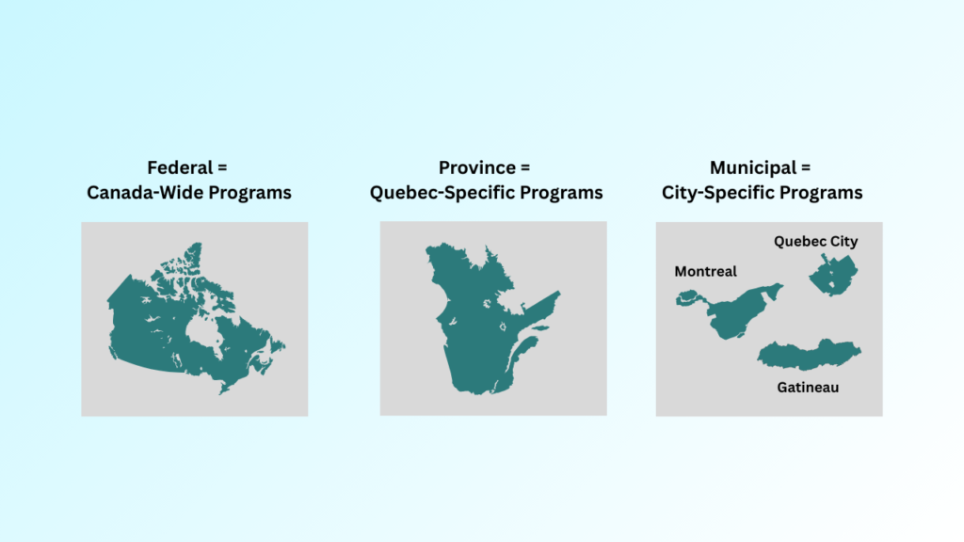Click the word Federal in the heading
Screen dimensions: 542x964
click(x=178, y=168)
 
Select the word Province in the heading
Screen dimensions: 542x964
click(x=475, y=168)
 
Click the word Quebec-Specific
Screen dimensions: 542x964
click(x=439, y=193)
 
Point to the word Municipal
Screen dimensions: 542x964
click(x=750, y=168)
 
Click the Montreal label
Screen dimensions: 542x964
click(x=705, y=271)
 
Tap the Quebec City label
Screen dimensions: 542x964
click(x=816, y=242)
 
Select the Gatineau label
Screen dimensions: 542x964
click(x=808, y=387)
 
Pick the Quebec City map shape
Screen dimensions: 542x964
click(x=831, y=276)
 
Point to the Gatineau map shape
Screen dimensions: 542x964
click(x=808, y=355)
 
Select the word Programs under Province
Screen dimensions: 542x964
click(x=562, y=193)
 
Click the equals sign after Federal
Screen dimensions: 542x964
click(x=222, y=168)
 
